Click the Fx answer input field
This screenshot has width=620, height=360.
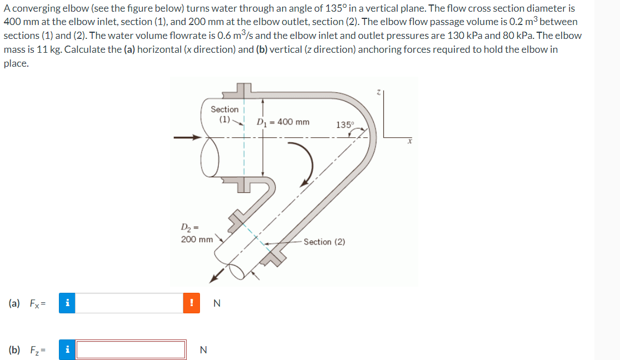[x=129, y=303]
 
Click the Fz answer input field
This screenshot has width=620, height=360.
[x=131, y=349]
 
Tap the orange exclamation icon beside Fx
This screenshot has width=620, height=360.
[x=191, y=303]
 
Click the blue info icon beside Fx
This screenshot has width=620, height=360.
[x=67, y=303]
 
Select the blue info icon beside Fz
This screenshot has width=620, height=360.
[x=67, y=349]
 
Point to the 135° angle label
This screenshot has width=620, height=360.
[x=344, y=125]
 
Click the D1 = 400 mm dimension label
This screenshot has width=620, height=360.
[x=284, y=122]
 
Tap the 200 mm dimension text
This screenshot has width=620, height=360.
[x=197, y=239]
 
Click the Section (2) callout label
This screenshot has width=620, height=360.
[x=324, y=242]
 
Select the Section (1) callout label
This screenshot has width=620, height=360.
[x=224, y=114]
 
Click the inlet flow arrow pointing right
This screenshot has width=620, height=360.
[x=186, y=137]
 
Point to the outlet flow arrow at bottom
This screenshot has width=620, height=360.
[x=219, y=273]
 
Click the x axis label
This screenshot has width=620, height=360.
[x=408, y=142]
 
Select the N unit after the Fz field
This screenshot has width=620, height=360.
[x=203, y=349]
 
